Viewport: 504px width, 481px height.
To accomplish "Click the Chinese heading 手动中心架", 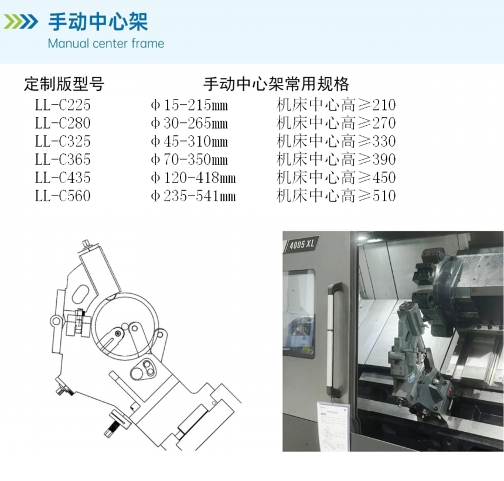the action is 98,22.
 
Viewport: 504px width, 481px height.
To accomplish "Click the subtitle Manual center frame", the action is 105,44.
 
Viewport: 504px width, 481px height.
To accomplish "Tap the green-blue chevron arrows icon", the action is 21,22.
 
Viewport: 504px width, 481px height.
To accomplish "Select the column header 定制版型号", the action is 64,84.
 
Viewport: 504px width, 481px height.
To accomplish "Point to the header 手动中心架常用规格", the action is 276,84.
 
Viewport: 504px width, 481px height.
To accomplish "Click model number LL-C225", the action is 63,105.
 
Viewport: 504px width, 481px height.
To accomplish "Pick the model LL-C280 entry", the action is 63,123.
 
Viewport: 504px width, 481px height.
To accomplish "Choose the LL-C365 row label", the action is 63,160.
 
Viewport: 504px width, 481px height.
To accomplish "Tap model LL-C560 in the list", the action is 63,196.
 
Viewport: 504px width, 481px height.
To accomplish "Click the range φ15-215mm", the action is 189,105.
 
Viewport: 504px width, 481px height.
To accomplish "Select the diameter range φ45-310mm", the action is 189,141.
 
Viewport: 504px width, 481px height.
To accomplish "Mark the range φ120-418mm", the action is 193,178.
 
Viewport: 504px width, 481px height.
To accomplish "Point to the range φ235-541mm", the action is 193,196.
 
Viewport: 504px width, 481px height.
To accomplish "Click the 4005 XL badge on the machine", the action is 301,245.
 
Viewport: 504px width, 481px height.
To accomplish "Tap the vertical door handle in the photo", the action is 334,339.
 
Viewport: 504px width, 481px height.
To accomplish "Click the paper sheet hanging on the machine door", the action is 333,426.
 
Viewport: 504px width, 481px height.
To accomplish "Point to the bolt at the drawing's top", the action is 86,244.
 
